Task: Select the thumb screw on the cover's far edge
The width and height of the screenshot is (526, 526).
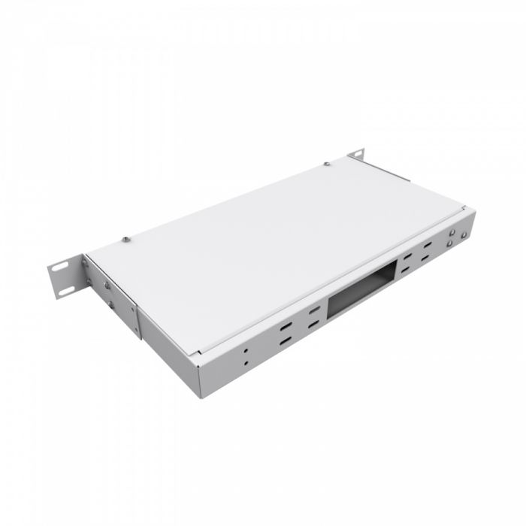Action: click(327, 163)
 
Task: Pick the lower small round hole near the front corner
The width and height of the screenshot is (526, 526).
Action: click(245, 361)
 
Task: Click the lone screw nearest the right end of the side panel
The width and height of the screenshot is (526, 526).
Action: click(464, 234)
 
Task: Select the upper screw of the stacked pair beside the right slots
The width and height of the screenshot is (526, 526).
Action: click(449, 233)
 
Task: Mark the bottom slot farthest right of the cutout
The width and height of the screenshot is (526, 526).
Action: click(429, 258)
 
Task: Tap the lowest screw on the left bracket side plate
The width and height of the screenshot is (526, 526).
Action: click(112, 305)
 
